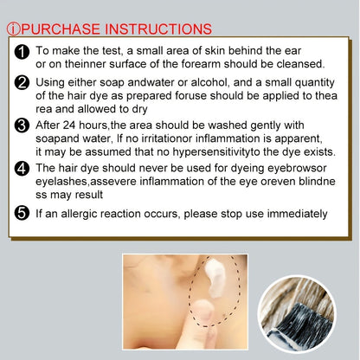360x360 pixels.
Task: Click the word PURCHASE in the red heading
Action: pos(61,29)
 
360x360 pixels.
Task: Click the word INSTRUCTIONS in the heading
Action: pos(158,29)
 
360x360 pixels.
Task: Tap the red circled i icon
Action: pos(14,29)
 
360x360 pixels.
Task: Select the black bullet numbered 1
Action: pos(22,52)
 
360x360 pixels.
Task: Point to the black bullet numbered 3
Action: pos(22,125)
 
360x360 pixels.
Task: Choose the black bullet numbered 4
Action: pos(22,169)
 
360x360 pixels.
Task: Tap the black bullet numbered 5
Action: pos(22,214)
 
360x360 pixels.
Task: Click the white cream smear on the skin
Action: pos(215,278)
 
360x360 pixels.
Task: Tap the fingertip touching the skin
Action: pos(203,310)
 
